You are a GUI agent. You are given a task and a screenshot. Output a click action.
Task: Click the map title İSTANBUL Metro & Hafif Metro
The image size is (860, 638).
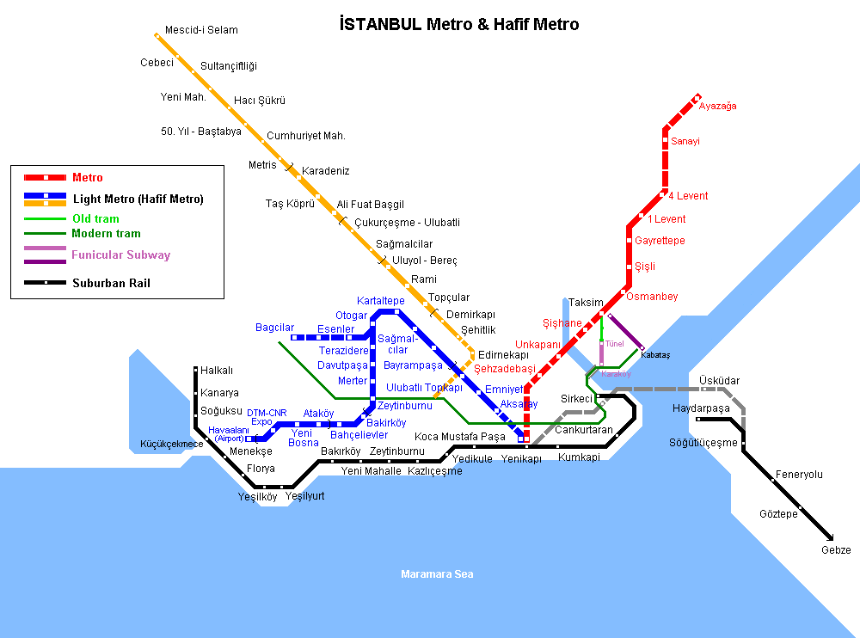coord(459,24)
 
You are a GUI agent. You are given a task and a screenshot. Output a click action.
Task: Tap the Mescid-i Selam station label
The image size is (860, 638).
coord(201,30)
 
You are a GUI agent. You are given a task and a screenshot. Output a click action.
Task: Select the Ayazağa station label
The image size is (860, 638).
coord(717,107)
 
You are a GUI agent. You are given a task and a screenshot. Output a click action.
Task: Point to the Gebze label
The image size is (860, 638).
coord(836,550)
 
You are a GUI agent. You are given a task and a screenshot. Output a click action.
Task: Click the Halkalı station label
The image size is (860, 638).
coord(217,371)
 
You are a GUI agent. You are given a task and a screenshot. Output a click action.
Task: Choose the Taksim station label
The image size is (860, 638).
coord(586,303)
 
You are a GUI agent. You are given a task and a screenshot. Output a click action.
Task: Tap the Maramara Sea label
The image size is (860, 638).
coord(437,574)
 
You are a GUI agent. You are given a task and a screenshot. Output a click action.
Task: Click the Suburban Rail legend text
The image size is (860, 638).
coord(111,283)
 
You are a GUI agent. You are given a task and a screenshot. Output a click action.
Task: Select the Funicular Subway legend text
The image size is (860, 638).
coord(121,255)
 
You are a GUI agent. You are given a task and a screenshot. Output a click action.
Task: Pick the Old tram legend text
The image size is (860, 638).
coord(95,219)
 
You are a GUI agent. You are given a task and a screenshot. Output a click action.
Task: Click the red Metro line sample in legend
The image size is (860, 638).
coord(46,178)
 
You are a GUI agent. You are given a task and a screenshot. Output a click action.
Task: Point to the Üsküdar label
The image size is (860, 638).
coord(720,380)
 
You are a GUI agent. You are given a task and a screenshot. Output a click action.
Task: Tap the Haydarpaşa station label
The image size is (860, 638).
coord(701,408)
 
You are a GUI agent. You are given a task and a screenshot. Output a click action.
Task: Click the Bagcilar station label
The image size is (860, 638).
coord(274,328)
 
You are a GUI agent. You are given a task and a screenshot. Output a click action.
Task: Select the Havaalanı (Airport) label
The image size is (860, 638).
coord(229,434)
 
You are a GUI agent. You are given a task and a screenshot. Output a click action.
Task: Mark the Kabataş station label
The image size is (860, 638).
coord(655,354)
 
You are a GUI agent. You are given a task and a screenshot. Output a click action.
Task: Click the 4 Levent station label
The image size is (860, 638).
coord(688,196)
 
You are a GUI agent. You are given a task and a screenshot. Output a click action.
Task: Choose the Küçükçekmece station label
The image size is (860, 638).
coord(172,445)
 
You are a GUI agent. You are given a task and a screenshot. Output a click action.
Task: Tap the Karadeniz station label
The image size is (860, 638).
coord(325,171)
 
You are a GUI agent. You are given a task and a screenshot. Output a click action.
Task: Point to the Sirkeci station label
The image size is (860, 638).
coord(576,399)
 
